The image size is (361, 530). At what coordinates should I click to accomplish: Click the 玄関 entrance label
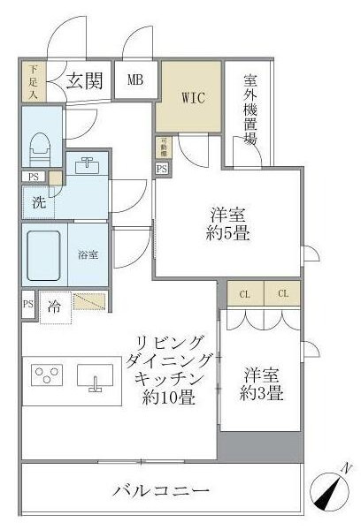pos(86,81)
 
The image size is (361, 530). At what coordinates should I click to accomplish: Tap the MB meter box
pos(134,80)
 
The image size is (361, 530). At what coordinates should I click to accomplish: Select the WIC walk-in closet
pos(194,97)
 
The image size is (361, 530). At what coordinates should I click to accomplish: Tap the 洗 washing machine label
pos(38,201)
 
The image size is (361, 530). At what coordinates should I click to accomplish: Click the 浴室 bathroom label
pos(88,255)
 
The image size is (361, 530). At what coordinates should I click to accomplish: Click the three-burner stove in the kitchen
pos(47,376)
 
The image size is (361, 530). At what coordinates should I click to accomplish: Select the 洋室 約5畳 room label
pos(227,224)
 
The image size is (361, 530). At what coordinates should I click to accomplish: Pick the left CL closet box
pos(243,292)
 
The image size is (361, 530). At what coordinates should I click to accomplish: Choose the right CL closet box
pos(282,292)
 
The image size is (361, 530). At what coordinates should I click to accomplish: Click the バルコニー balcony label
pos(162,490)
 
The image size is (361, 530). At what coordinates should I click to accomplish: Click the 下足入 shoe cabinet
pos(33,81)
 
